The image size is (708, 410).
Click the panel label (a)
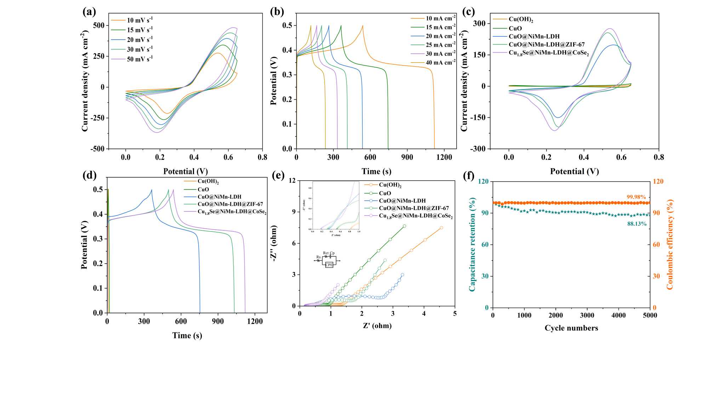[x=89, y=12]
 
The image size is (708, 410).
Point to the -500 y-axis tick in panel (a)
[x=97, y=149]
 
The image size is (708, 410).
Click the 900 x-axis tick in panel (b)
[x=407, y=157]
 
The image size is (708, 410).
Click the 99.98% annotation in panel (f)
[x=636, y=197]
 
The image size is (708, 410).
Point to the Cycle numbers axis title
[x=571, y=328]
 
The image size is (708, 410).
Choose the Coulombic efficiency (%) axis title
[x=669, y=245]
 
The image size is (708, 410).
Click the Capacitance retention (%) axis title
[x=472, y=245]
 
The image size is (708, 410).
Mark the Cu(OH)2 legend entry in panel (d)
[x=208, y=182]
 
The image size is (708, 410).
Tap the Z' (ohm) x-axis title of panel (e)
[x=377, y=326]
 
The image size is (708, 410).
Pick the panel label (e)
[x=278, y=175]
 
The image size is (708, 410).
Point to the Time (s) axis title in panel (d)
[x=187, y=335]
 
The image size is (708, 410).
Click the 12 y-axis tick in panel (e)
[x=292, y=181]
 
